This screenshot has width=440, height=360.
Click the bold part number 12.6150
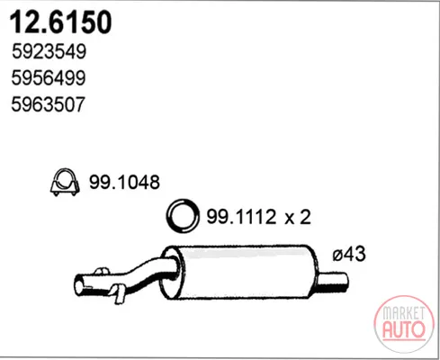[x=61, y=22]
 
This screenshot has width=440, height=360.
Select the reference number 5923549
[x=49, y=51]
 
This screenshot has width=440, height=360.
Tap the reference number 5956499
[x=49, y=78]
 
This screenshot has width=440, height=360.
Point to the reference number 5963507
[x=48, y=104]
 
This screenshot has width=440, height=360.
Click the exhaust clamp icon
[x=65, y=182]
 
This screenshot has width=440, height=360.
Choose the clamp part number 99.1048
[x=124, y=182]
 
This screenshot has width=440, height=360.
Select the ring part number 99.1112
[x=241, y=217]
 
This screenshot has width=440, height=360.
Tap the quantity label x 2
[x=298, y=217]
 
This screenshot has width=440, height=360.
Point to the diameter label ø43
[x=349, y=254]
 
